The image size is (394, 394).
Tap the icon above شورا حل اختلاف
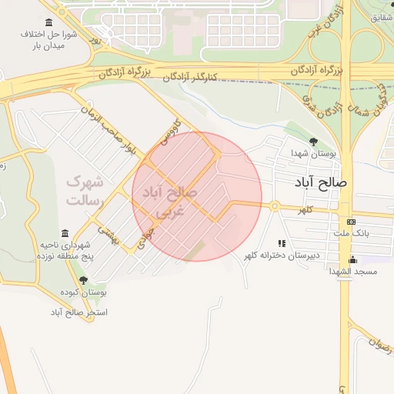[x=50, y=22]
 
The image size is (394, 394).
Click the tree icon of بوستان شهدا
[x=313, y=141]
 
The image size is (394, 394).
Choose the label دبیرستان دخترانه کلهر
[x=282, y=255]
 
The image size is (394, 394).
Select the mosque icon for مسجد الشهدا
[x=352, y=259]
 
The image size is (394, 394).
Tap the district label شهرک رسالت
[x=85, y=191]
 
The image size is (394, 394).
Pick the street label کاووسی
[x=165, y=134]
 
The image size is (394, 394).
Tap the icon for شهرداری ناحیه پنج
[x=64, y=232]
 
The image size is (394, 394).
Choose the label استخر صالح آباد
[x=79, y=312]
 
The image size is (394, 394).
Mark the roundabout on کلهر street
[x=273, y=205]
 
